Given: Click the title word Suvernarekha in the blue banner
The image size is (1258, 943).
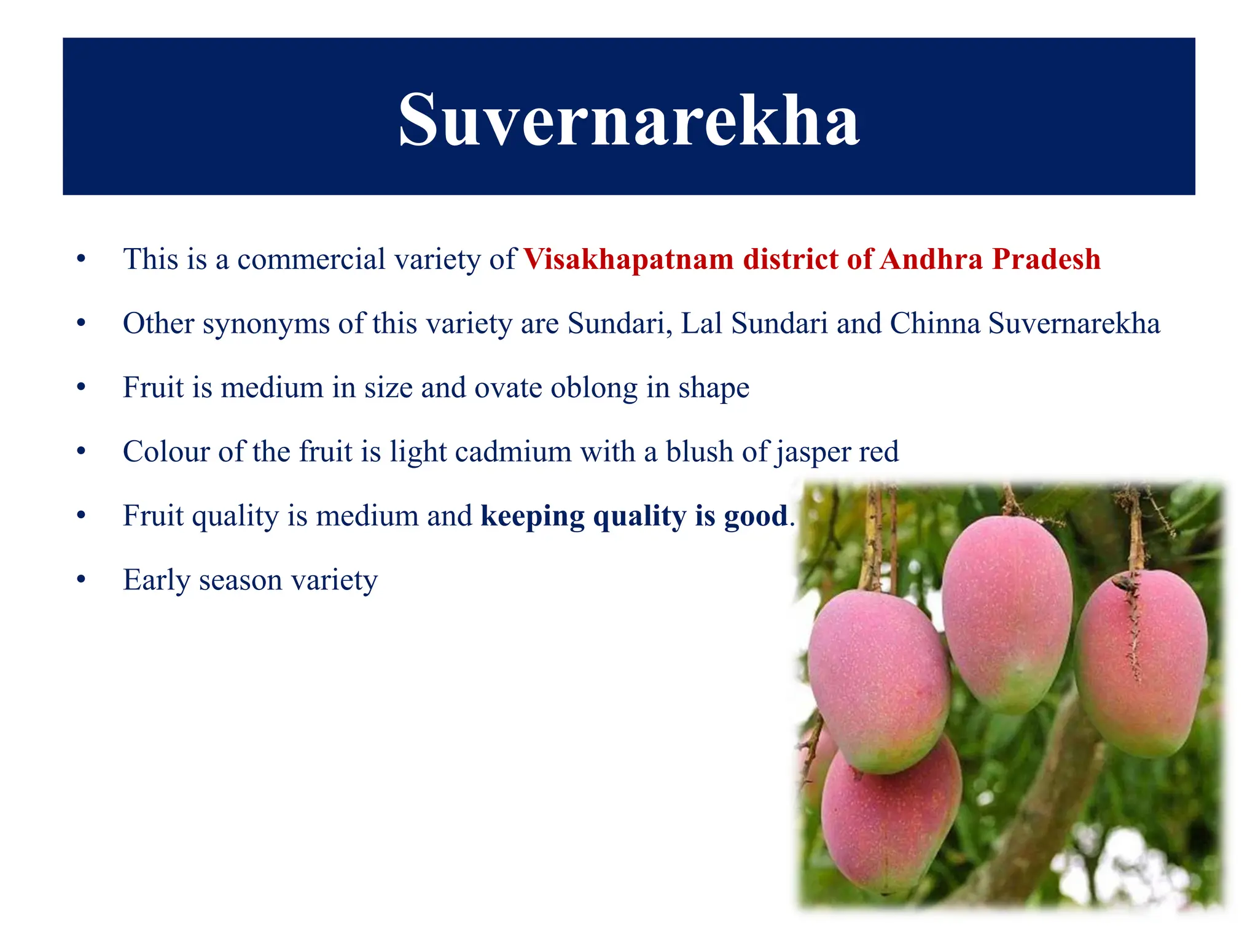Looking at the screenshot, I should pyautogui.click(x=628, y=120).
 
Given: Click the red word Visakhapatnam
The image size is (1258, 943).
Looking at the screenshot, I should pyautogui.click(x=628, y=260).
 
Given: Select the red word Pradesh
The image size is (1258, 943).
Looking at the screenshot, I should pyautogui.click(x=1046, y=259).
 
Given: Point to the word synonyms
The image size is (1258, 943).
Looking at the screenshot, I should pyautogui.click(x=266, y=324).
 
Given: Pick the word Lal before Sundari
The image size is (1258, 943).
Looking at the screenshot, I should pyautogui.click(x=701, y=324).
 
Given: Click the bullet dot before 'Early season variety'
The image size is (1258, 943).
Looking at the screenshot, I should pyautogui.click(x=81, y=580).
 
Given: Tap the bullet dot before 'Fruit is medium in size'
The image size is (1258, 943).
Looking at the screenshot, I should pyautogui.click(x=81, y=388).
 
